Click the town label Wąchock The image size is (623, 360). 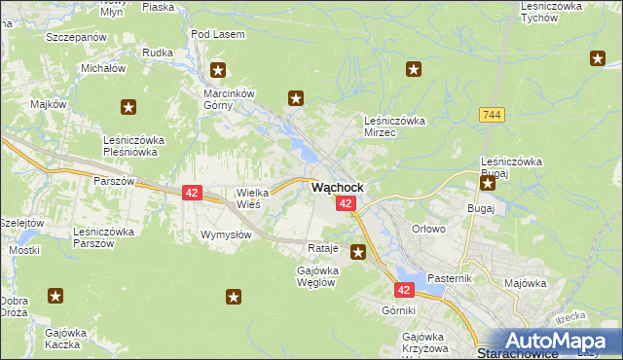[x=338, y=187]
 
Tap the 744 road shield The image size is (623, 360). [x=492, y=115]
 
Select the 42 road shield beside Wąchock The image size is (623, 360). [x=347, y=202]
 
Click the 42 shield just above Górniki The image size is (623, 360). [x=405, y=289]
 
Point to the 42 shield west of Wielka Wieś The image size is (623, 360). [x=191, y=193]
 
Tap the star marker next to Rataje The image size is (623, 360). [x=358, y=252]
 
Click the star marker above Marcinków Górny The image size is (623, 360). [x=218, y=70]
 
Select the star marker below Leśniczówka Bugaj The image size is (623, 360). [x=488, y=182]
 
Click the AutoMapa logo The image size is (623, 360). [x=559, y=341]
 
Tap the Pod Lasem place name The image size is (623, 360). [x=214, y=34]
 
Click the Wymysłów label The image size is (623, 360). [x=226, y=234]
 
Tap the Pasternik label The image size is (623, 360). [x=449, y=278]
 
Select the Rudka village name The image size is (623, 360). [x=157, y=52]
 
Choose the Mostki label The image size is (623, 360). [x=23, y=250]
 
